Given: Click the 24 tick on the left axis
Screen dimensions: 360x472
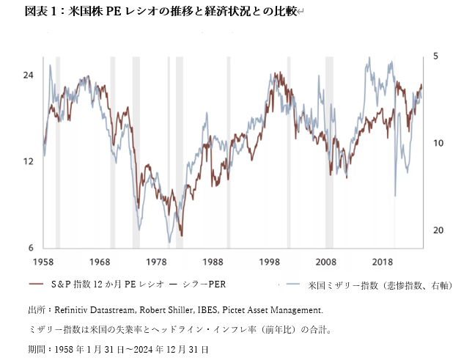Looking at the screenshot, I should click(x=29, y=76).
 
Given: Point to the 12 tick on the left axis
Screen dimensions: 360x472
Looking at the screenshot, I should click(x=29, y=161).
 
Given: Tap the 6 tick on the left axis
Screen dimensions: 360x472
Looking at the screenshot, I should click(x=32, y=247).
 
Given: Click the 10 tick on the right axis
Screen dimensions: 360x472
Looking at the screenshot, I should click(x=437, y=143).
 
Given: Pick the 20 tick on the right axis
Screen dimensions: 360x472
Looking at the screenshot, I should click(x=437, y=230).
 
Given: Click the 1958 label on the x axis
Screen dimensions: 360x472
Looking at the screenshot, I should click(x=43, y=262).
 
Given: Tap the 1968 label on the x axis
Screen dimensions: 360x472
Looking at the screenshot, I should click(x=100, y=262).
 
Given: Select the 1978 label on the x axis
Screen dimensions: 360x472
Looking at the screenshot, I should click(x=156, y=262).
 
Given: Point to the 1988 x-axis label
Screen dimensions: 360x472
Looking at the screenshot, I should click(x=213, y=262).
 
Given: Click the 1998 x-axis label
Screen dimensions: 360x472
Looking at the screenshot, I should click(x=269, y=262).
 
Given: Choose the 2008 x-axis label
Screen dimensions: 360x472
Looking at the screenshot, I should click(x=325, y=262).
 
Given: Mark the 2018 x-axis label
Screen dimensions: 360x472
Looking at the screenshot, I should click(x=382, y=262).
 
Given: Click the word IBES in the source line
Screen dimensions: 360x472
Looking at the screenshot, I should click(x=219, y=311).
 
